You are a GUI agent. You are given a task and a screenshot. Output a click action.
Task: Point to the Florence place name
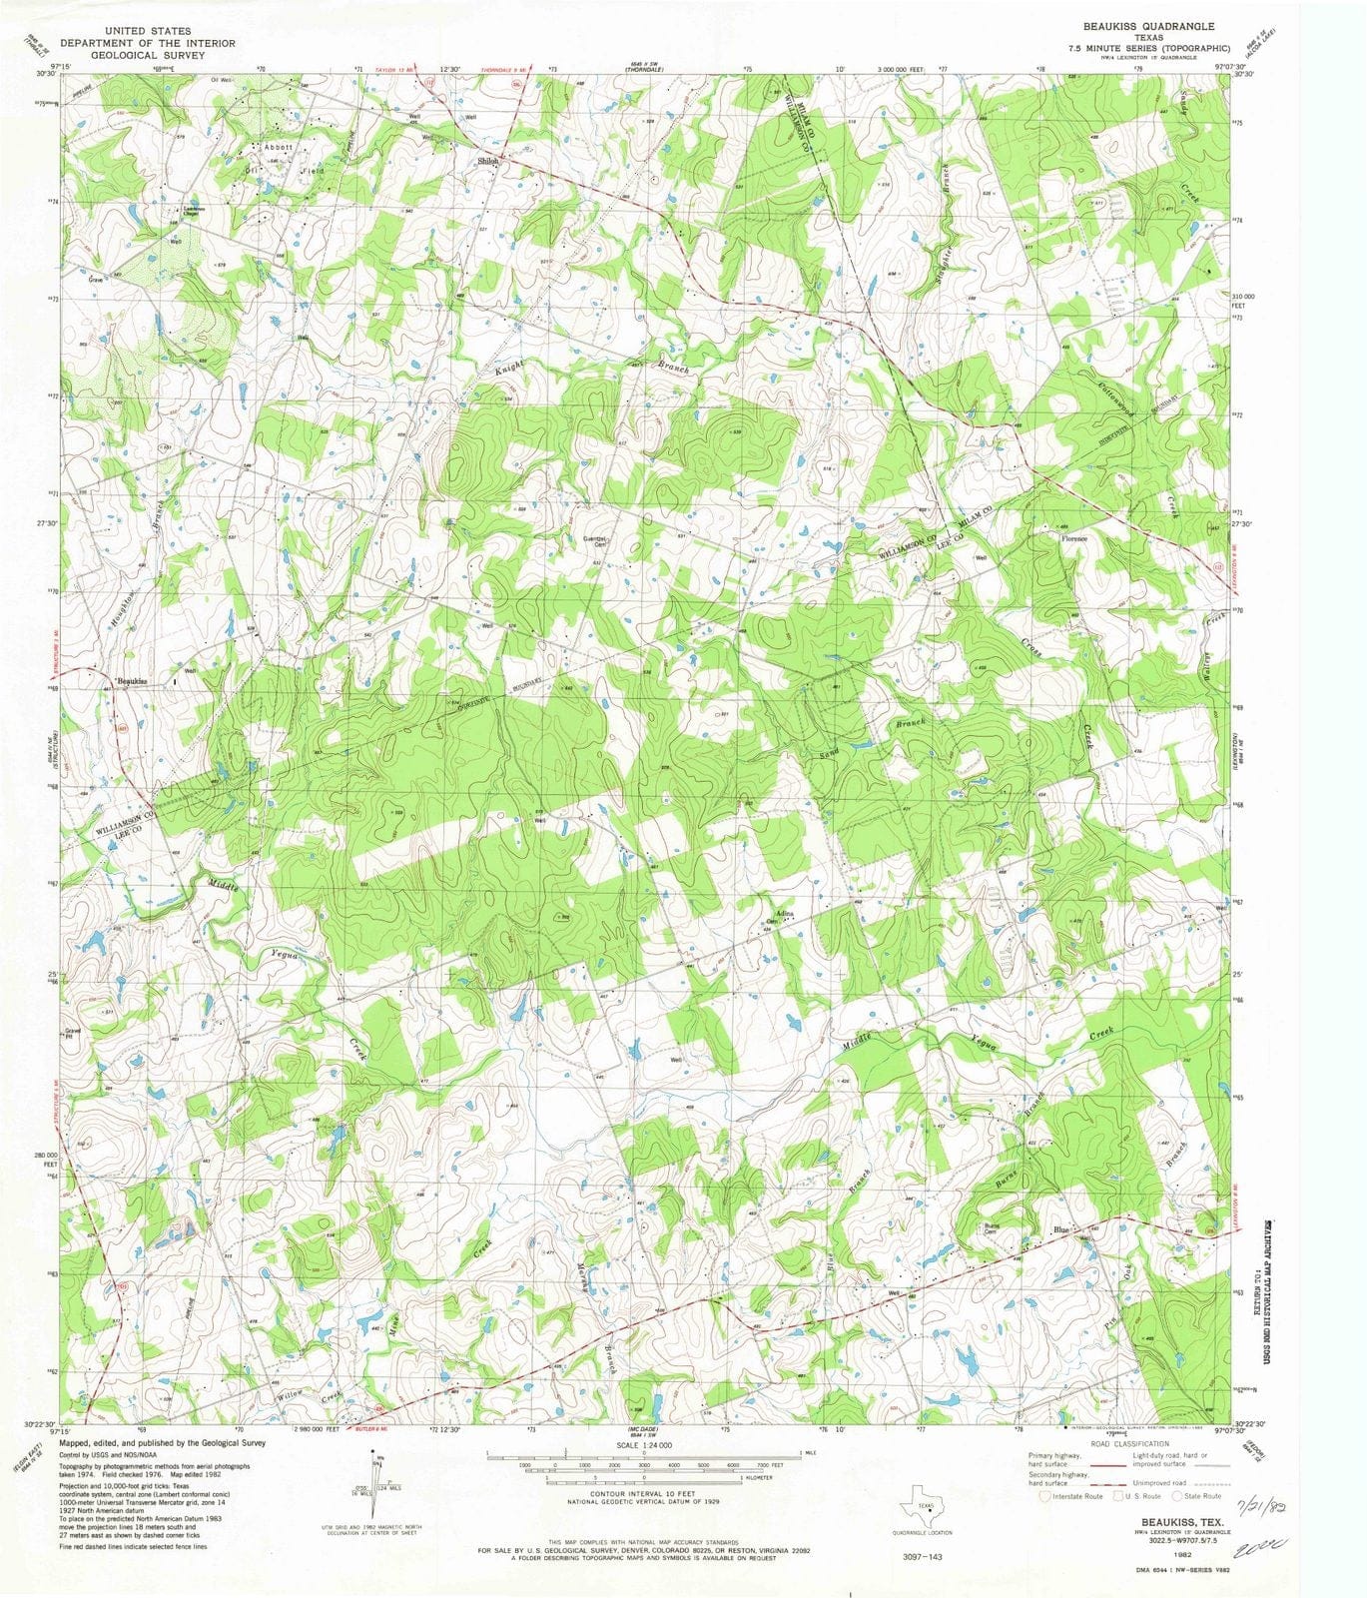[1074, 538]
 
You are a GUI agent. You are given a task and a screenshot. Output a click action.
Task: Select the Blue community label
[1060, 1229]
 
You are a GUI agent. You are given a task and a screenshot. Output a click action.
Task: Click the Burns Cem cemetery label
[992, 1229]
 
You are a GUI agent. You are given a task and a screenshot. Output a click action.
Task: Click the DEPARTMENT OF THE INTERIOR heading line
[148, 43]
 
